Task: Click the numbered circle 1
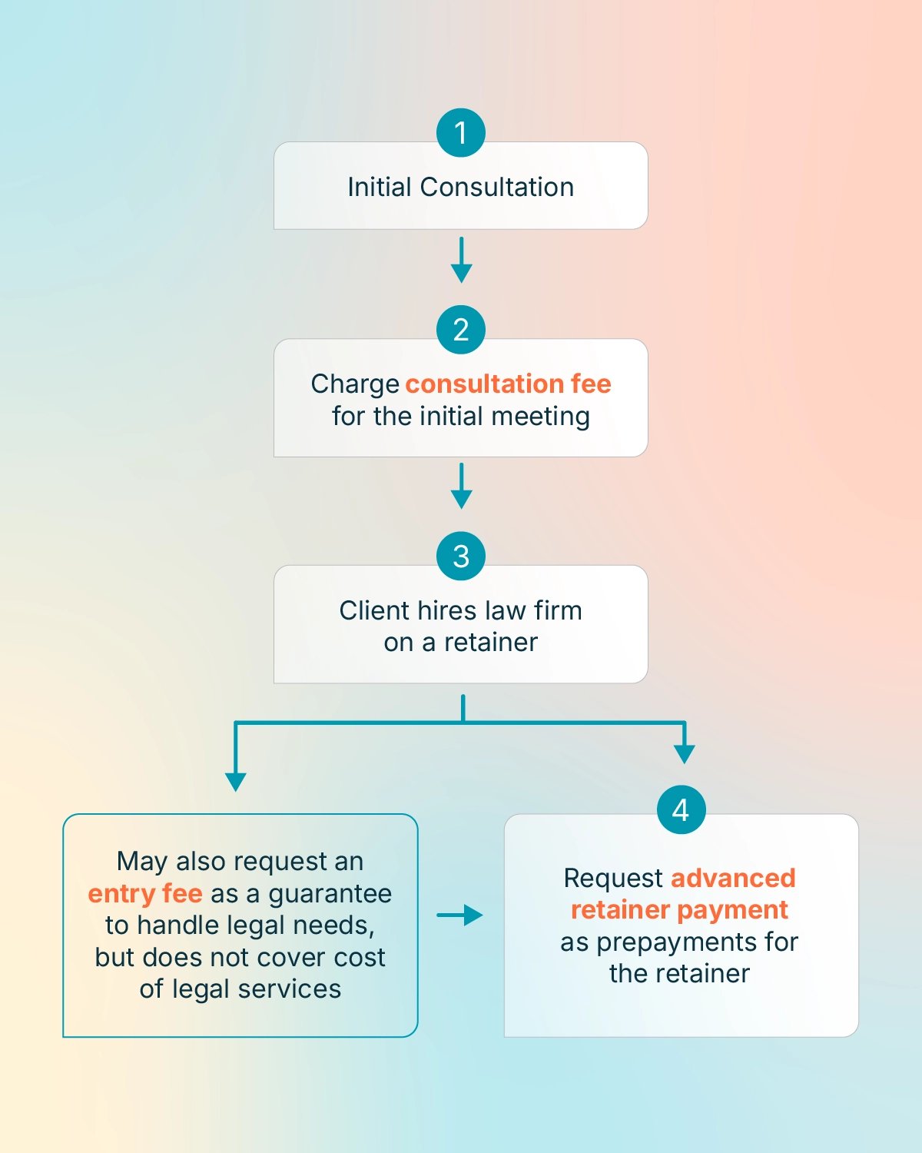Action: click(x=461, y=133)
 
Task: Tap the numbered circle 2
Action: click(x=461, y=330)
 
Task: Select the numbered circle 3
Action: click(x=461, y=557)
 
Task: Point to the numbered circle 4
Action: click(x=681, y=809)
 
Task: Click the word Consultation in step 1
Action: click(x=497, y=187)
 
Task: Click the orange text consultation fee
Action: click(x=508, y=384)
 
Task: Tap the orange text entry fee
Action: click(x=145, y=893)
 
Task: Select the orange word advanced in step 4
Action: click(x=733, y=878)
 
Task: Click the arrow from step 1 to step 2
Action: click(x=461, y=260)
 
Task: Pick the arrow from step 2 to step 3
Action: click(x=461, y=486)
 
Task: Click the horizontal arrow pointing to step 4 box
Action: click(x=460, y=915)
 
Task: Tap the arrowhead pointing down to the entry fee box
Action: click(x=236, y=781)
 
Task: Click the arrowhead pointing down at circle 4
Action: click(x=684, y=753)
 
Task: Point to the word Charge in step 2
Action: click(x=355, y=384)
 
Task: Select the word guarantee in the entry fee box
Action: click(x=330, y=893)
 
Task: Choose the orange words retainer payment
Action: click(x=679, y=910)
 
